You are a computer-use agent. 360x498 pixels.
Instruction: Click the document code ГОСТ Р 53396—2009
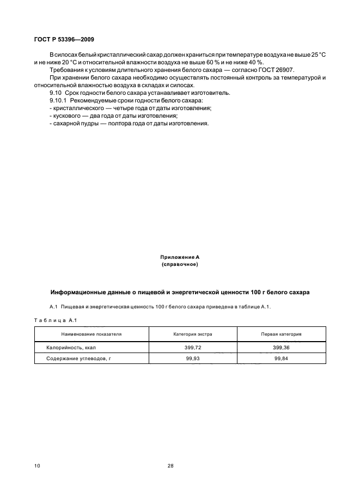(60, 40)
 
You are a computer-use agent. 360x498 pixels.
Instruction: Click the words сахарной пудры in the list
(72, 124)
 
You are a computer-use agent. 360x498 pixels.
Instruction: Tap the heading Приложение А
(180, 257)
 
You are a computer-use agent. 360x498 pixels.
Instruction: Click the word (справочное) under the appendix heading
(180, 264)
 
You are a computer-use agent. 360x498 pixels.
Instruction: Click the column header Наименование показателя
(91, 333)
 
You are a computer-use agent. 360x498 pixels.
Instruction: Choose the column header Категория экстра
(193, 333)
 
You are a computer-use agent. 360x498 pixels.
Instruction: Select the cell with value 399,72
(193, 346)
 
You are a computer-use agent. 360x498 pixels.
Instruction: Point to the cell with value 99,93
(193, 358)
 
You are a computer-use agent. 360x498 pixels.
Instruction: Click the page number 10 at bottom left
(36, 466)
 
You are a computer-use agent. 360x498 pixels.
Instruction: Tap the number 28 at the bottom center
(170, 466)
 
